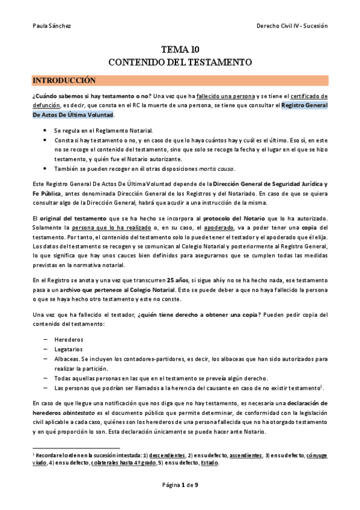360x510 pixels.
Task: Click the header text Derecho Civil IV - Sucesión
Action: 291,26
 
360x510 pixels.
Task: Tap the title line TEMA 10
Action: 180,50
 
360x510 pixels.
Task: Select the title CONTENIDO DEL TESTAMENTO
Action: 180,62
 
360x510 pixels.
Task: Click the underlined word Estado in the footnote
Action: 209,463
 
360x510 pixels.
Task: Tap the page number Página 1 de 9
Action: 180,485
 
